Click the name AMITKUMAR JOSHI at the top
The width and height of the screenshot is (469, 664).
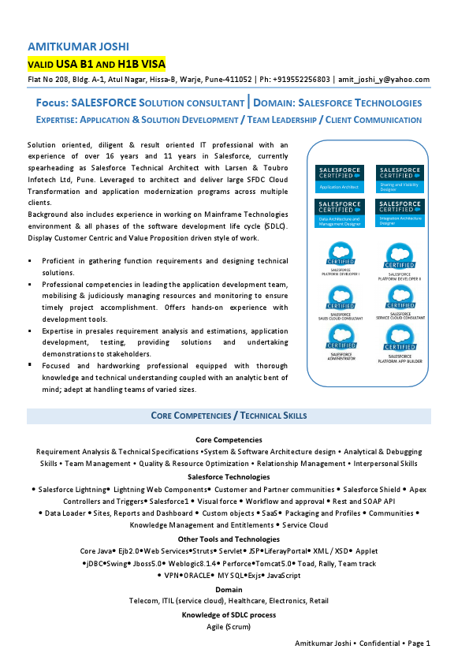(x=78, y=47)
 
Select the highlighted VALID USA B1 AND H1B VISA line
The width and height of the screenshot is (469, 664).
(x=96, y=63)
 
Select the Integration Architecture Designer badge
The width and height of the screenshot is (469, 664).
(x=400, y=213)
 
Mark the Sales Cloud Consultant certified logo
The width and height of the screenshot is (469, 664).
(x=341, y=299)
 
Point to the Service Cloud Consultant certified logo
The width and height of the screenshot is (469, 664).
(x=400, y=299)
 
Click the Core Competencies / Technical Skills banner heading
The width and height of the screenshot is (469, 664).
(x=229, y=416)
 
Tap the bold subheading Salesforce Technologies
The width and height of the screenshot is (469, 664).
(x=229, y=477)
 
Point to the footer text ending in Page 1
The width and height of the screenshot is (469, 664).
(x=363, y=643)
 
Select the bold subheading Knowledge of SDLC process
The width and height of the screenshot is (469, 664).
(x=229, y=614)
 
